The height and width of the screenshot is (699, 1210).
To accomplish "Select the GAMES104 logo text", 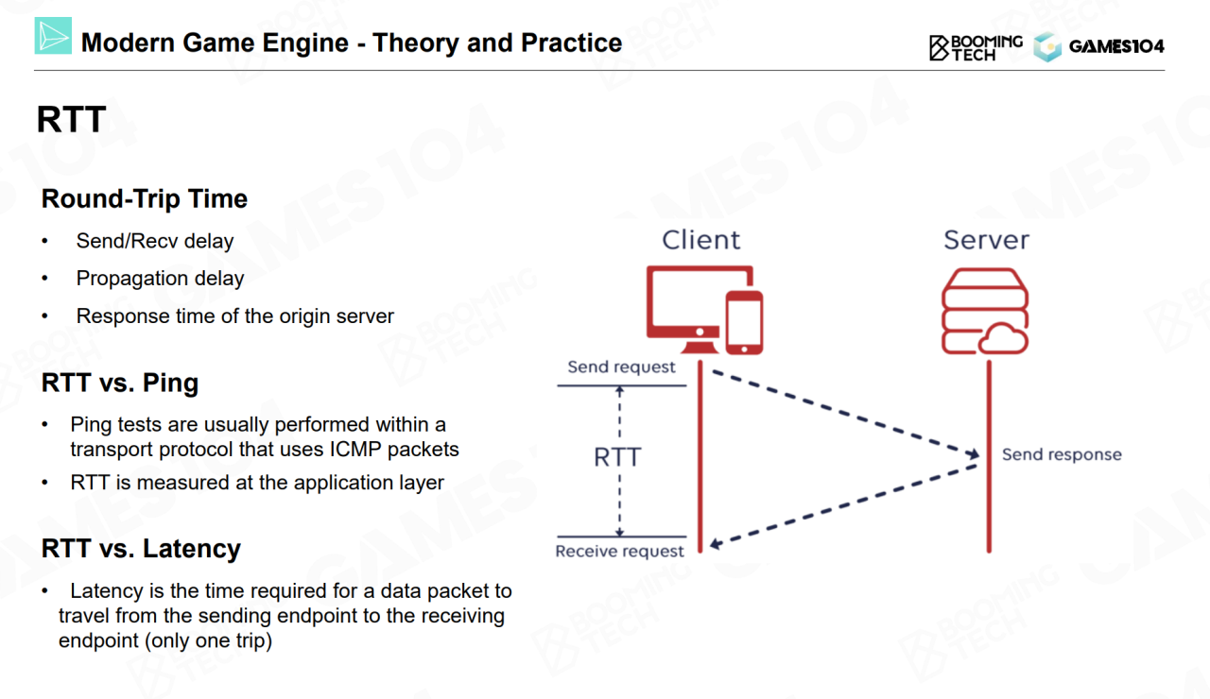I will (1115, 46).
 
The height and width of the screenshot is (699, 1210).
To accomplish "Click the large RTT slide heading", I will (71, 121).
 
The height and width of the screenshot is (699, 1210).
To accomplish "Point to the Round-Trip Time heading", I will (145, 199).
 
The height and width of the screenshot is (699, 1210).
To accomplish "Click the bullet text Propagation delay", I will (160, 279).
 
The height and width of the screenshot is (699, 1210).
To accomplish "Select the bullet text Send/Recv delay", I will (155, 242).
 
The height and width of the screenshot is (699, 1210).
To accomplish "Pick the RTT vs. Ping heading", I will (120, 384).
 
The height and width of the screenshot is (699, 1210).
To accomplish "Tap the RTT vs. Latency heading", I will (141, 549).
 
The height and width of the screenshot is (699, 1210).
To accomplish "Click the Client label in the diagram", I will (700, 240).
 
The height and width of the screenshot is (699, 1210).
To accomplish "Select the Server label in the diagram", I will (986, 240).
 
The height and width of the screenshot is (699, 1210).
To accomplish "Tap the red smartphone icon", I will (744, 322).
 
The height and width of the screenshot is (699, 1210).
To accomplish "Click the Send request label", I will (621, 367).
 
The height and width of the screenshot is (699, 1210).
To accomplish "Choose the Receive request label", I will (619, 552).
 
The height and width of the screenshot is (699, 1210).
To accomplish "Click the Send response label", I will (1062, 455).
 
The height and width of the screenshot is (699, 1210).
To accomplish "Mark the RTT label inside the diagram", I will (617, 457).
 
